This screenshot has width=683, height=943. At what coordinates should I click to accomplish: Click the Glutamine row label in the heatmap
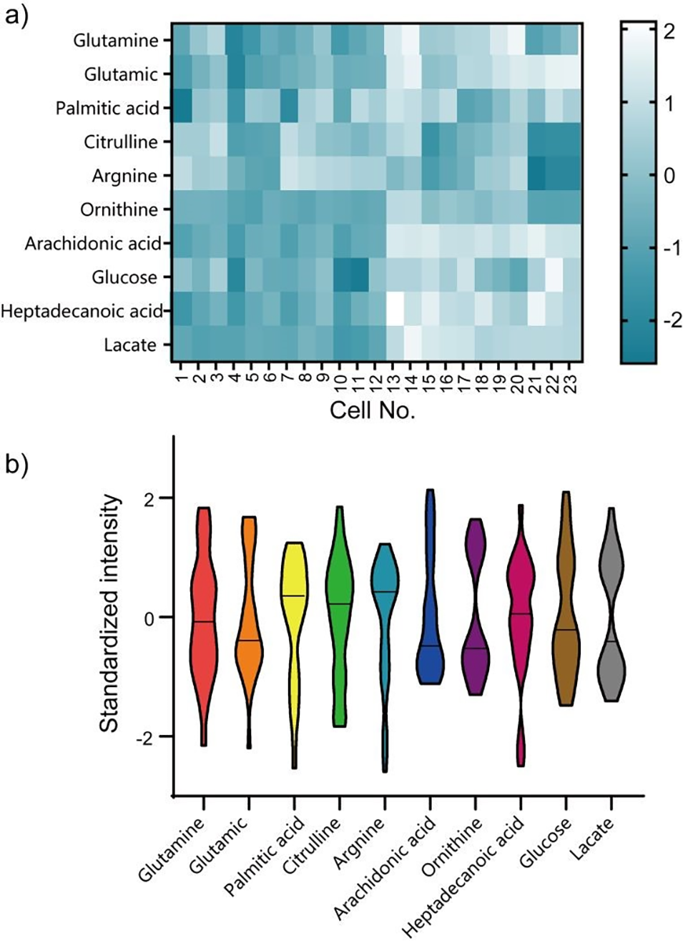click(115, 41)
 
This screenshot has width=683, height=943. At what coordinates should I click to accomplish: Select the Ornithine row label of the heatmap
click(119, 210)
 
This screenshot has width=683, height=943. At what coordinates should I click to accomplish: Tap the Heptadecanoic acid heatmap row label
click(82, 312)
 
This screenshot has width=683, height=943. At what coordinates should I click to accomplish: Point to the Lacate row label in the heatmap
click(129, 345)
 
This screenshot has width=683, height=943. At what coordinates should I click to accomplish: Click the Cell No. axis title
click(372, 410)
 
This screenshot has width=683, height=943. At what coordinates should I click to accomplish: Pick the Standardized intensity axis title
click(109, 613)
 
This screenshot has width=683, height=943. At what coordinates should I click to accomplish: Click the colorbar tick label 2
click(668, 32)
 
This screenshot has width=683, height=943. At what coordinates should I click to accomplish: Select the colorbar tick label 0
click(669, 175)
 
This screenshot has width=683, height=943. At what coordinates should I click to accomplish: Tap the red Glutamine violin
click(204, 622)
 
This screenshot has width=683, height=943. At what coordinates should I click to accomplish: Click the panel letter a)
click(16, 16)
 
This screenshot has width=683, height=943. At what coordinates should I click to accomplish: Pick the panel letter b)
click(16, 465)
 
